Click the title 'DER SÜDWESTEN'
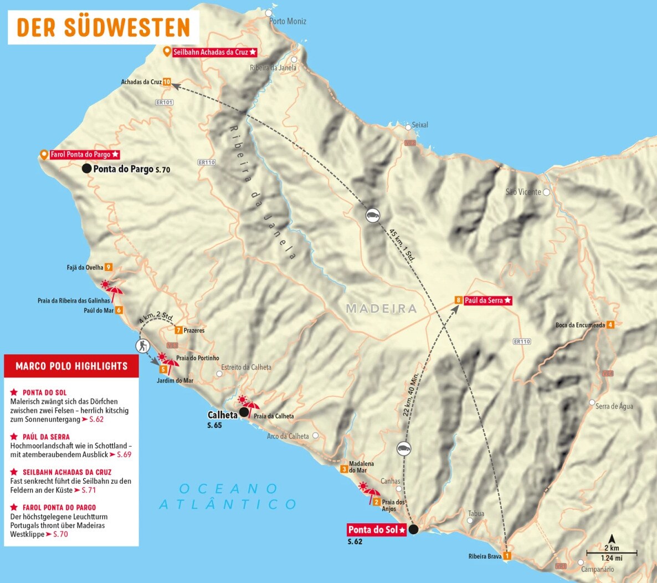104,28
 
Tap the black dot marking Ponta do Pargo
86,168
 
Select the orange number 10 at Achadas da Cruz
167,82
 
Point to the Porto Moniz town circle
269,13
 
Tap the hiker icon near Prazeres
143,346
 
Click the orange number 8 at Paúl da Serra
458,300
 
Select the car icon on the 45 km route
373,216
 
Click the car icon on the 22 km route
404,448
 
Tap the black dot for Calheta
244,412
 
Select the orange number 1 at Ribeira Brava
506,556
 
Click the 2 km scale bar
612,553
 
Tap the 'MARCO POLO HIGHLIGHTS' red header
71,366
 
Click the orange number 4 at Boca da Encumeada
610,325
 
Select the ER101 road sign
165,103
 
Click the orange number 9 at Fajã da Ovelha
109,267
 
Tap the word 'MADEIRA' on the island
381,309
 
